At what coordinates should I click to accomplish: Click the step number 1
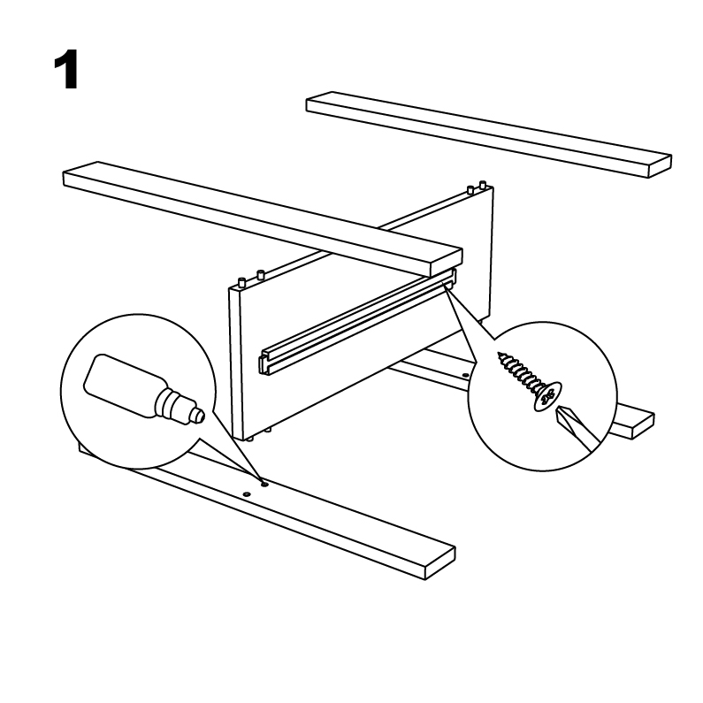pyautogui.click(x=66, y=70)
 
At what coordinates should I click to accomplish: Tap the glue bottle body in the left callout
pyautogui.click(x=123, y=385)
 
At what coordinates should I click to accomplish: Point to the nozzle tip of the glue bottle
pyautogui.click(x=200, y=415)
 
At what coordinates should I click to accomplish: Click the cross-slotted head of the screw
pyautogui.click(x=548, y=396)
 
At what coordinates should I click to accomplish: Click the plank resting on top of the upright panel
pyautogui.click(x=263, y=218)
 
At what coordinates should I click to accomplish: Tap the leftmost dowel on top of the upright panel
pyautogui.click(x=242, y=282)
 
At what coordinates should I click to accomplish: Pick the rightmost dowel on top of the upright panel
pyautogui.click(x=483, y=184)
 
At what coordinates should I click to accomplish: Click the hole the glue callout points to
pyautogui.click(x=264, y=485)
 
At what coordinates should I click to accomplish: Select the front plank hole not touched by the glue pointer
pyautogui.click(x=246, y=494)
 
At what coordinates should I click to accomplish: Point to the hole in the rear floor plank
pyautogui.click(x=465, y=375)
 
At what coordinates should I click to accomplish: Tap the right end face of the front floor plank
pyautogui.click(x=439, y=563)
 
